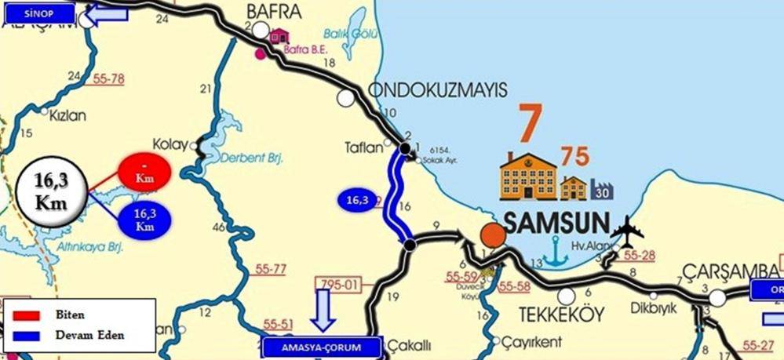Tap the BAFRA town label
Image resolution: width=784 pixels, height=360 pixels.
pyautogui.click(x=274, y=11)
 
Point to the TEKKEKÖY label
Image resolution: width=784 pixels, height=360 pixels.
pyautogui.click(x=561, y=315)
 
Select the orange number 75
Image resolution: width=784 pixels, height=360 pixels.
pyautogui.click(x=574, y=156)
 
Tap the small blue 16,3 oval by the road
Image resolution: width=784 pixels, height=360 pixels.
pyautogui.click(x=357, y=201)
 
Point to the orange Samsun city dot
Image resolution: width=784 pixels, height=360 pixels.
pyautogui.click(x=493, y=235)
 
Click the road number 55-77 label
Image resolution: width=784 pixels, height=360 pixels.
pyautogui.click(x=271, y=269)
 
